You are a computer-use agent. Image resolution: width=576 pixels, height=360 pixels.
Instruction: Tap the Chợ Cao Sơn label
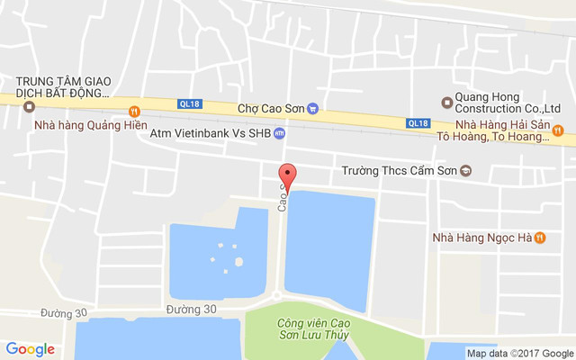pos(271,108)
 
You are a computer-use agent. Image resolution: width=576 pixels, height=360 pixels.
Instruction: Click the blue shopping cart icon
pos(312,108)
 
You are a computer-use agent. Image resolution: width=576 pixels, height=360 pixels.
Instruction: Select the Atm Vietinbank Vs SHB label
pos(210,133)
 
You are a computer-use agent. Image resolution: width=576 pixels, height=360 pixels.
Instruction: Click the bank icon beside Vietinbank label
pos(279,133)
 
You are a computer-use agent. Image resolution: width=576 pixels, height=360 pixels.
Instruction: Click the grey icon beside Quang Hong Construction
pos(445,101)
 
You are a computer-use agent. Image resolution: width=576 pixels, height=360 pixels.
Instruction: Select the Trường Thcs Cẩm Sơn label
pos(399,170)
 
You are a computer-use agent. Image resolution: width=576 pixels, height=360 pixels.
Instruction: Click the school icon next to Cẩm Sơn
pos(465,170)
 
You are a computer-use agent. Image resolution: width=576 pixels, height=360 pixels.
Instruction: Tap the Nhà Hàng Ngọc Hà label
pos(480,238)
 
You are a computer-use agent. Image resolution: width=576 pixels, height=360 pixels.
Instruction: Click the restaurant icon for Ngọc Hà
pos(539,238)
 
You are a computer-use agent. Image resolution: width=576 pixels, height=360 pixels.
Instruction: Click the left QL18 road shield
pos(190,103)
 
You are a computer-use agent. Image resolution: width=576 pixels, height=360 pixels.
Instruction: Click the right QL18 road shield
pos(417,123)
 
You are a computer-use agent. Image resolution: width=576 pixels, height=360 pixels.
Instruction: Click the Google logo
pos(30,349)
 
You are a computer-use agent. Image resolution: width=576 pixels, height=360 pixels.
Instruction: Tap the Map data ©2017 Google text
pos(519,353)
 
